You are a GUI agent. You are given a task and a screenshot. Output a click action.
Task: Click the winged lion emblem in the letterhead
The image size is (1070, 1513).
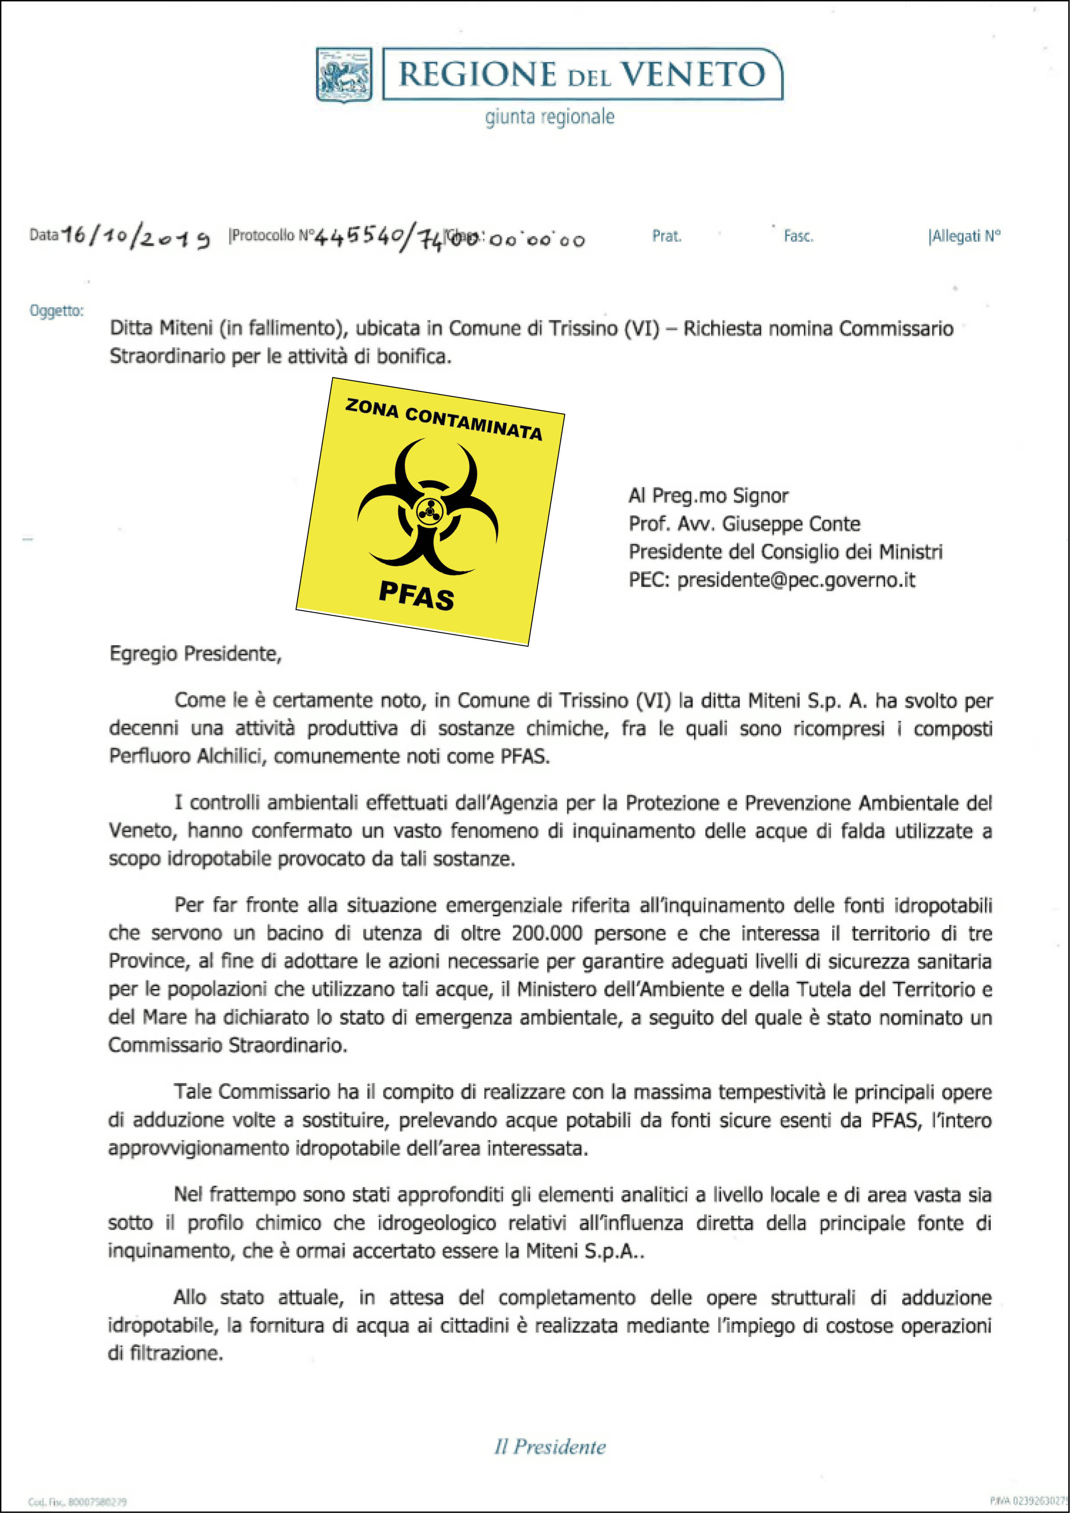344,75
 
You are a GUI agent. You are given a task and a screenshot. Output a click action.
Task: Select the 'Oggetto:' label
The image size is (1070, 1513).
56,311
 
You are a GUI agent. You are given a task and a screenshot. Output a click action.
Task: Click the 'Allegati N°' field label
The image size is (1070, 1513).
965,236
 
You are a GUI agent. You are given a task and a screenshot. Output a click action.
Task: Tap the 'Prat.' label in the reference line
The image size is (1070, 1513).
667,236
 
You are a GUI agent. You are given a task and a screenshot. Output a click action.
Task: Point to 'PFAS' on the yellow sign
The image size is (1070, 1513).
417,596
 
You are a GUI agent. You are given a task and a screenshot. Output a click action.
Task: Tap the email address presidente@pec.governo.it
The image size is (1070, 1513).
796,580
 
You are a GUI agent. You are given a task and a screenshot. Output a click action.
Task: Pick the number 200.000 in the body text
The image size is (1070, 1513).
547,933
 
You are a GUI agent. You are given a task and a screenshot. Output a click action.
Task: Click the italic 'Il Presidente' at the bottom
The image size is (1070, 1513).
549,1447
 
